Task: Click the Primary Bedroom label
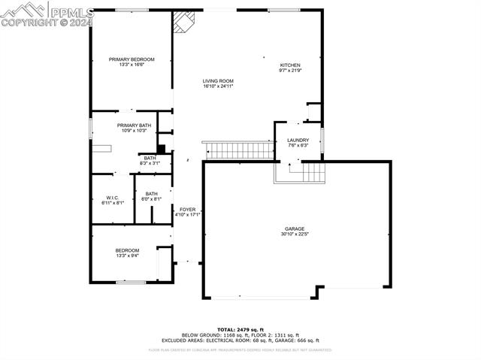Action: pyautogui.click(x=132, y=59)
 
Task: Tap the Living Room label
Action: pyautogui.click(x=218, y=81)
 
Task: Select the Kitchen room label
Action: pyautogui.click(x=291, y=65)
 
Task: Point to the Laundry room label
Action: pyautogui.click(x=298, y=141)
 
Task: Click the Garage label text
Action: pyautogui.click(x=294, y=228)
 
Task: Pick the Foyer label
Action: pyautogui.click(x=187, y=210)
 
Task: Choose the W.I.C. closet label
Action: pyautogui.click(x=113, y=198)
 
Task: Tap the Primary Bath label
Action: pyautogui.click(x=134, y=125)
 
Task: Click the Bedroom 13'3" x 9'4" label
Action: pyautogui.click(x=127, y=250)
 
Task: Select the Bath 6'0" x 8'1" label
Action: pyautogui.click(x=152, y=194)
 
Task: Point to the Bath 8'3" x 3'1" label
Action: pyautogui.click(x=150, y=158)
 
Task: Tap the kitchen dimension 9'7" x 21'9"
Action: pyautogui.click(x=291, y=70)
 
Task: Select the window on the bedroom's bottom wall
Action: pyautogui.click(x=130, y=283)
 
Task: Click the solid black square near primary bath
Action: pyautogui.click(x=160, y=149)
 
